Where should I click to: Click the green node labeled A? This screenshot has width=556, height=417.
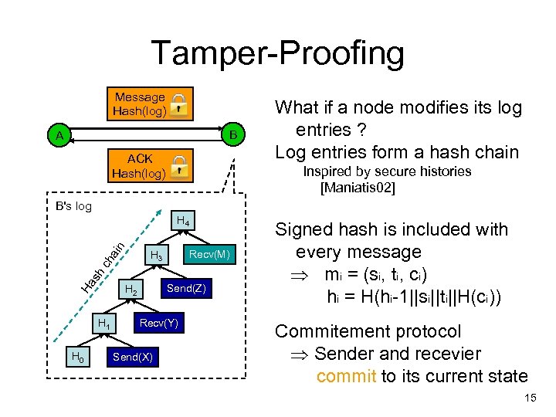click(x=59, y=134)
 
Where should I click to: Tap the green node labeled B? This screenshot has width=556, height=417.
click(x=233, y=134)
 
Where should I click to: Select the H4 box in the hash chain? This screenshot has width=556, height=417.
click(x=183, y=221)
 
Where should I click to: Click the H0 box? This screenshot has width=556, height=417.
click(x=78, y=356)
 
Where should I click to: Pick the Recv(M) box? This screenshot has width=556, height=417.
click(x=209, y=254)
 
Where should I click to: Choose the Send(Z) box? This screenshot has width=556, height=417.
click(x=187, y=288)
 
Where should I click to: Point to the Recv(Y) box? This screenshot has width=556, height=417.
click(x=159, y=323)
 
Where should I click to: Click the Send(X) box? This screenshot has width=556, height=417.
click(x=133, y=357)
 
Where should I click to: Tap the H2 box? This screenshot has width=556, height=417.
click(x=131, y=289)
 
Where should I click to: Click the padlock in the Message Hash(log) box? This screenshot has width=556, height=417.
click(x=178, y=105)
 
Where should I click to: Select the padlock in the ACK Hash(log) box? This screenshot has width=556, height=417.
click(x=179, y=167)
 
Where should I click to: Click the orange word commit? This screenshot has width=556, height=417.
click(x=347, y=376)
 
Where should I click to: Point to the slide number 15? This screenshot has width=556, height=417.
click(x=531, y=398)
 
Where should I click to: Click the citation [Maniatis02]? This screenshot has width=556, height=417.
click(x=358, y=187)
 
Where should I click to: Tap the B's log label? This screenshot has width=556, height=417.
click(x=74, y=206)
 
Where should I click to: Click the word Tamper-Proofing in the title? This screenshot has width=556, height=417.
click(x=278, y=53)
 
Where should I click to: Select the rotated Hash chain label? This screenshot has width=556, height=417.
click(x=103, y=268)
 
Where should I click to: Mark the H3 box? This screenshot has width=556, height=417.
click(x=157, y=255)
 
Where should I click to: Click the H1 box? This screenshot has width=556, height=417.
click(x=104, y=323)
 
